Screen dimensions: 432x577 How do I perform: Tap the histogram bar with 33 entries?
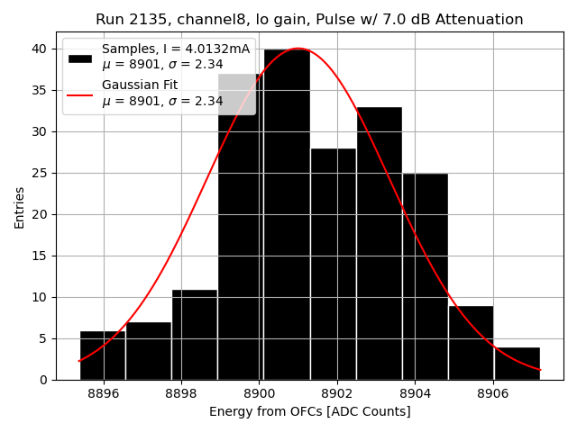379,243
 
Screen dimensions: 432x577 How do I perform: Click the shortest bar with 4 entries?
517,364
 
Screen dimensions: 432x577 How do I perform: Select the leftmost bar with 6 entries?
102,355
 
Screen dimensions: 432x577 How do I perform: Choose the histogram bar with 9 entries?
471,343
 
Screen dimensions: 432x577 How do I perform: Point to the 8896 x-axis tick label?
104,393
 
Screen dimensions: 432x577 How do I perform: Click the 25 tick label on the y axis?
42,173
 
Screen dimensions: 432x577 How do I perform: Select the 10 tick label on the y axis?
42,297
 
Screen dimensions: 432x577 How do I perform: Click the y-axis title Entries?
20,207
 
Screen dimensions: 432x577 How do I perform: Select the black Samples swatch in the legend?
79,58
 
